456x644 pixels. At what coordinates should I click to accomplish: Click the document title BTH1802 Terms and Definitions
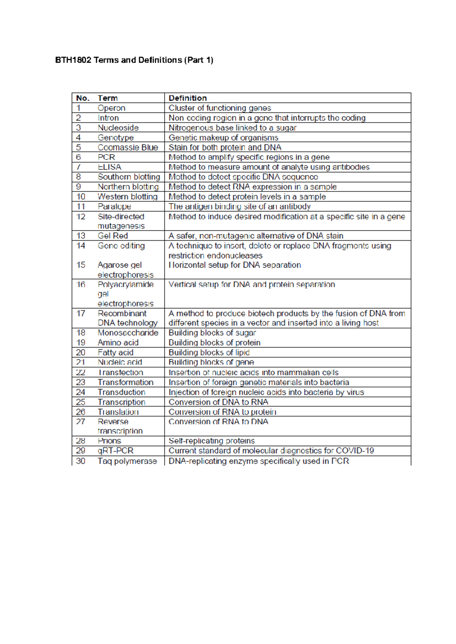(134, 60)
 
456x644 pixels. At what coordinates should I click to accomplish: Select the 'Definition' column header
(188, 98)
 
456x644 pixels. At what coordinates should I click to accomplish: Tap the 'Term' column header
(108, 98)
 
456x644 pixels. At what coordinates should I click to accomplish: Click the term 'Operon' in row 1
(111, 108)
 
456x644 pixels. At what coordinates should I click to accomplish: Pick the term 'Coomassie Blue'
(128, 147)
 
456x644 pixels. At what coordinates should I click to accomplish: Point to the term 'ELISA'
(109, 167)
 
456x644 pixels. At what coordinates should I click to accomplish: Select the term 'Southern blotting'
(129, 177)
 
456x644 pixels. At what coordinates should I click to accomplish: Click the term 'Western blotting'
(127, 197)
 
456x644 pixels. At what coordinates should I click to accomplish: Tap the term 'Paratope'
(114, 207)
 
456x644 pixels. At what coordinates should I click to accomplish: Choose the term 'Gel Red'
(113, 236)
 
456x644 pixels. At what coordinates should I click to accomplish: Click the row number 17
(81, 314)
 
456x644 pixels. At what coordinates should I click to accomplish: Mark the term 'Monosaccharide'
(128, 333)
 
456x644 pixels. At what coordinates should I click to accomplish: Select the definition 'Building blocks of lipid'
(209, 352)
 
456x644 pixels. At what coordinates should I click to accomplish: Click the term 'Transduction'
(121, 392)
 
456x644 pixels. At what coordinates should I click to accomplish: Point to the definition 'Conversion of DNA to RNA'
(218, 402)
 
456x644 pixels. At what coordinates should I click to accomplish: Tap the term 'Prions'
(109, 441)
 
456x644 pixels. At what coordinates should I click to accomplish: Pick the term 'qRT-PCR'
(116, 451)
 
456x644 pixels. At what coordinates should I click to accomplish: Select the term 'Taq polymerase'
(127, 461)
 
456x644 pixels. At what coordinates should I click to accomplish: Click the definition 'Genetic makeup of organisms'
(223, 137)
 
